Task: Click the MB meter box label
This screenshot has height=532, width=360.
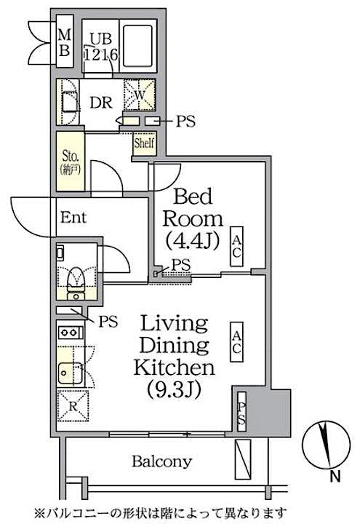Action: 65,41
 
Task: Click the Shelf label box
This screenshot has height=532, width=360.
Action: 142,143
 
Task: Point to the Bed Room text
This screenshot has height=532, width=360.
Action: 192,207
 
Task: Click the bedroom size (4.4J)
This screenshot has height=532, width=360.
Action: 192,241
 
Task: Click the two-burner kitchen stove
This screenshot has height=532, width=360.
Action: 70,333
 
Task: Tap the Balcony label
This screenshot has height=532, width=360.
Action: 161,461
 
